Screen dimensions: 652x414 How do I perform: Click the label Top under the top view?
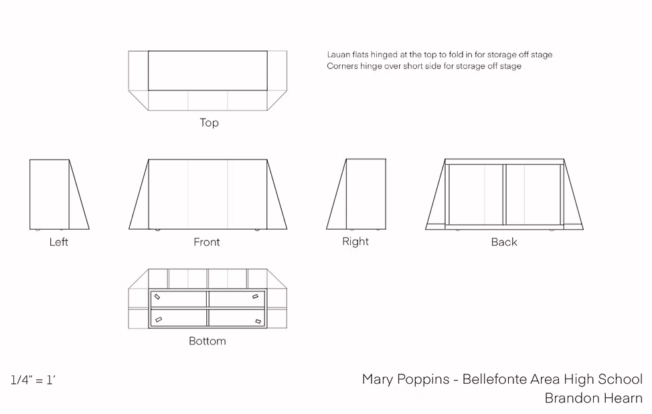point(209,123)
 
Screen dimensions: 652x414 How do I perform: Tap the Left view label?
point(59,242)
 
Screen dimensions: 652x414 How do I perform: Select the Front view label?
point(207,242)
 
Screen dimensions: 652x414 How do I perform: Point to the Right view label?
point(355,241)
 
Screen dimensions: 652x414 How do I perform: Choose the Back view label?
point(504,242)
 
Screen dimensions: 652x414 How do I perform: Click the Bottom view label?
point(208,341)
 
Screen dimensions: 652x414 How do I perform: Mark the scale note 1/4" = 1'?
point(33,380)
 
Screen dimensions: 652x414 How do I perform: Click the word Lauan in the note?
point(339,54)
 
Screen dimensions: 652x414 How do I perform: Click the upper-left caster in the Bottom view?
point(157,297)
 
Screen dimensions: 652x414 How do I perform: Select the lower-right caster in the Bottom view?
point(258,321)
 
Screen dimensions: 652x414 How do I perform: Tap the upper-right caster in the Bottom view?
point(255,296)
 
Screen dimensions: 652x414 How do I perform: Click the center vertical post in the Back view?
point(504,195)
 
